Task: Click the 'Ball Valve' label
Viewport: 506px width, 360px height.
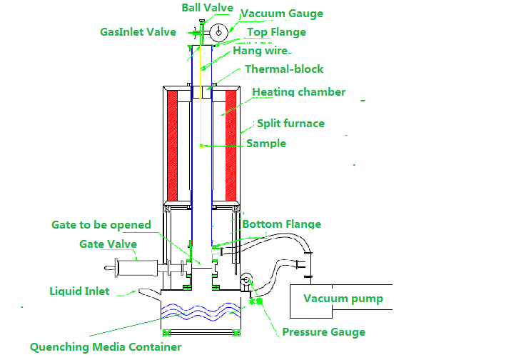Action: point(207,8)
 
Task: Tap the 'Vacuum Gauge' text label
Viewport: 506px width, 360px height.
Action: point(282,14)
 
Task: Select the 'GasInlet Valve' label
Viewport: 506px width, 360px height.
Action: point(138,32)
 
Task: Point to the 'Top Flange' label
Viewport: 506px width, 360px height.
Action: point(277,32)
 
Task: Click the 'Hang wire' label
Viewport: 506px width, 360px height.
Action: point(260,51)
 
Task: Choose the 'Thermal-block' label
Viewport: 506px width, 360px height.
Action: point(284,69)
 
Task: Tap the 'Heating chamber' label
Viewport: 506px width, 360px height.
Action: point(299,92)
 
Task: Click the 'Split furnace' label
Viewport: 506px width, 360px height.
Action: point(290,124)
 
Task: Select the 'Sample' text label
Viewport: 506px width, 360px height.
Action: point(266,144)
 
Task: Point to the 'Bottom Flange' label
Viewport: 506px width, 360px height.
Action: point(282,224)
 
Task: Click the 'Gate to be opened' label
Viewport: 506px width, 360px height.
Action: point(101,225)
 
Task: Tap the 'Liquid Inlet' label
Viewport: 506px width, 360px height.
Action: point(79,291)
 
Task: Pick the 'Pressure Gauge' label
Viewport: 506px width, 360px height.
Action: point(324,332)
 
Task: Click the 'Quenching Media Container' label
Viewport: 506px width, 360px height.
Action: point(106,347)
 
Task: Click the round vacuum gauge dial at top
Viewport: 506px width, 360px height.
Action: point(219,32)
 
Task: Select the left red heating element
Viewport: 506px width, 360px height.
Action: point(172,146)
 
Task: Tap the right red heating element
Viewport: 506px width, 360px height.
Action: point(231,146)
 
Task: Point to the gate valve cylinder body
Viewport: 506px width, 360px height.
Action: point(138,268)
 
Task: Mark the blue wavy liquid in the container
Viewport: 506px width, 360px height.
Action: point(201,311)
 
